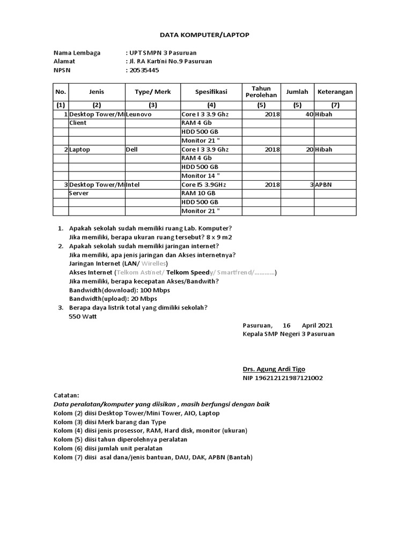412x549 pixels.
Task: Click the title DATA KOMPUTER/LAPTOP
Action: tap(205, 35)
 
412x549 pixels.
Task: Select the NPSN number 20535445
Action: tap(144, 70)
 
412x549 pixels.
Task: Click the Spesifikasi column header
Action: tap(211, 92)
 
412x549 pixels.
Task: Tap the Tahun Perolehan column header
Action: tap(261, 92)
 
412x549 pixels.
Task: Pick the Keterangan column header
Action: tap(335, 92)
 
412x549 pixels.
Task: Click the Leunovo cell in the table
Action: tap(139, 115)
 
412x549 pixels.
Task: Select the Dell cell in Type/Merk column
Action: tap(132, 150)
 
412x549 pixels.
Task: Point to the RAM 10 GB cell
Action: tap(198, 193)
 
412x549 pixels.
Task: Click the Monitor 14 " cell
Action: tap(201, 176)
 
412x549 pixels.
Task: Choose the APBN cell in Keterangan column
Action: tap(324, 184)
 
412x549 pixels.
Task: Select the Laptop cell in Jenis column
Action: tap(79, 150)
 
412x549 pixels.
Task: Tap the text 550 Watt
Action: tap(83, 316)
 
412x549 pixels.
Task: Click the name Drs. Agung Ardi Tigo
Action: tap(275, 369)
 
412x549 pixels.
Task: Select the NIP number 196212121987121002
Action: tap(283, 378)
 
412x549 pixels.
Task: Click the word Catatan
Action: tap(67, 395)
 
